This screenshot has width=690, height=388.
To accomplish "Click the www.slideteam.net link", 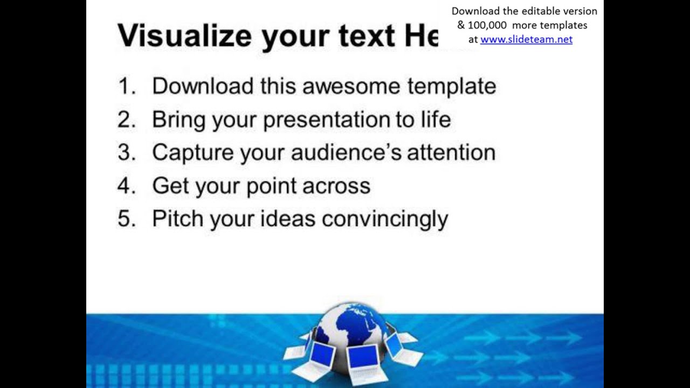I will [x=526, y=39].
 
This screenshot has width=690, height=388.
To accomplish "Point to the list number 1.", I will [x=126, y=86].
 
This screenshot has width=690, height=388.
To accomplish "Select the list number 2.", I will [x=126, y=120].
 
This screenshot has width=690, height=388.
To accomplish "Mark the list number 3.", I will [x=126, y=153].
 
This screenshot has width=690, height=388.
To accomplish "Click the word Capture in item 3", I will [x=192, y=153].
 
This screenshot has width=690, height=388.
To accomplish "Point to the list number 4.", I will [x=126, y=186].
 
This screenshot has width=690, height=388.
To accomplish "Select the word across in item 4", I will [x=336, y=186].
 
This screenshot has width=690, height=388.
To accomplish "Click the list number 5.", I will [x=126, y=219].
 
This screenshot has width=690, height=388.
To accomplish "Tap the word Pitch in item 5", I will [x=177, y=219].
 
